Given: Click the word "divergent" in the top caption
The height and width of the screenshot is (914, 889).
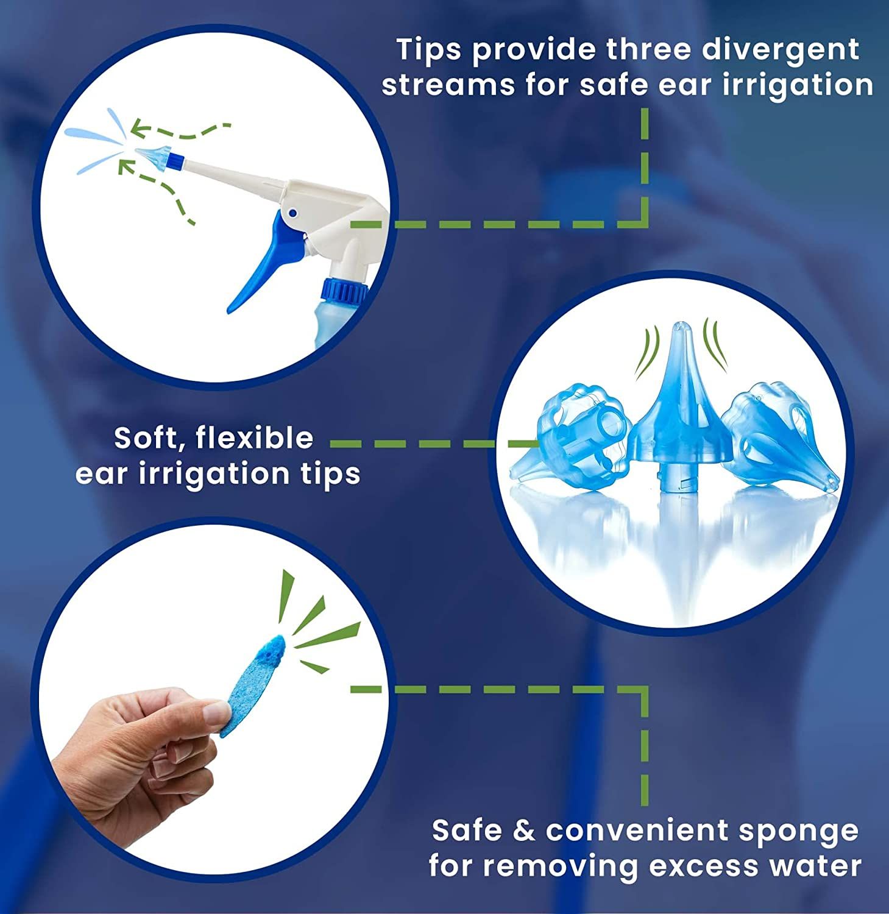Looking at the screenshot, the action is pyautogui.click(x=781, y=49).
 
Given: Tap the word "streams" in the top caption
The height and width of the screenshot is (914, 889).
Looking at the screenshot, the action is pyautogui.click(x=448, y=85).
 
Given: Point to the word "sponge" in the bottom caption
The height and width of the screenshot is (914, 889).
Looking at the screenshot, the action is pyautogui.click(x=799, y=832).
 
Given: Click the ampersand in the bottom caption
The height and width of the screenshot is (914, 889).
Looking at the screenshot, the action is pyautogui.click(x=523, y=831).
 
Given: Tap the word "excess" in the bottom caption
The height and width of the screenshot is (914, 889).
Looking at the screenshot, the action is pyautogui.click(x=700, y=866).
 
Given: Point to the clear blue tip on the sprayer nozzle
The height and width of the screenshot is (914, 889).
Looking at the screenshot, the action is pyautogui.click(x=151, y=157).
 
